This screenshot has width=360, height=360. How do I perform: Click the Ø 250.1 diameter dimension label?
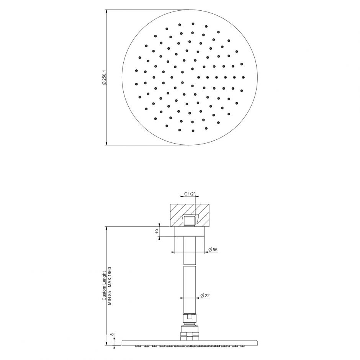point(104,78)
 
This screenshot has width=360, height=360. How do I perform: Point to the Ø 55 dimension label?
point(213,250)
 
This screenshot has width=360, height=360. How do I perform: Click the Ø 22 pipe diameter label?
point(205,296)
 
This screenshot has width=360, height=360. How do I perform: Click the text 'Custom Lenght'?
point(104,286)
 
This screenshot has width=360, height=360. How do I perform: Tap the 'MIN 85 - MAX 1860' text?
point(110,286)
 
